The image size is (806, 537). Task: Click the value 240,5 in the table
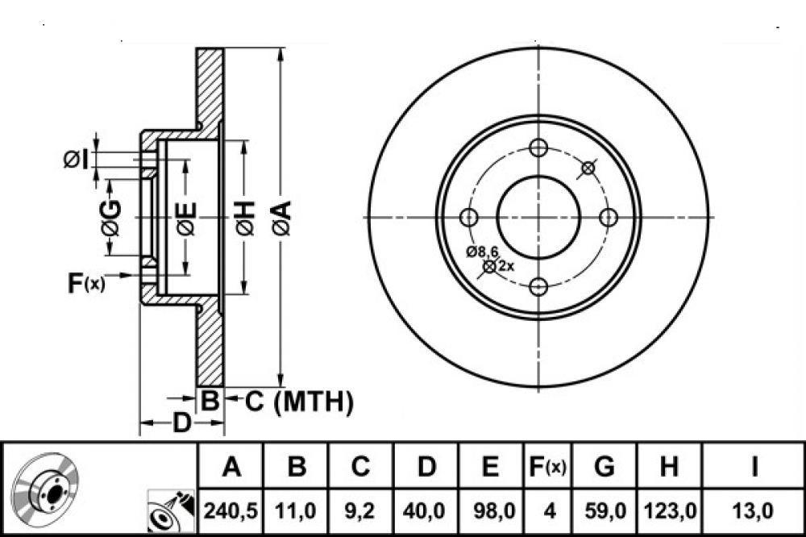[231, 511]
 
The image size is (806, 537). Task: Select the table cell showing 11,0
[295, 511]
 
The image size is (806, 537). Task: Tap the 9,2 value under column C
[360, 511]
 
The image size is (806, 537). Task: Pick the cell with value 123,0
[669, 511]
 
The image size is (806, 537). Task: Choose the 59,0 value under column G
[604, 511]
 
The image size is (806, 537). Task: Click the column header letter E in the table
[490, 467]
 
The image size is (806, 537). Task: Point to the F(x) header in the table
[548, 467]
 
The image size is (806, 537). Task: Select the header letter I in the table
[754, 467]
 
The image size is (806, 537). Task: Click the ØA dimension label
[282, 218]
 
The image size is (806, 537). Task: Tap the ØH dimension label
[246, 218]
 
